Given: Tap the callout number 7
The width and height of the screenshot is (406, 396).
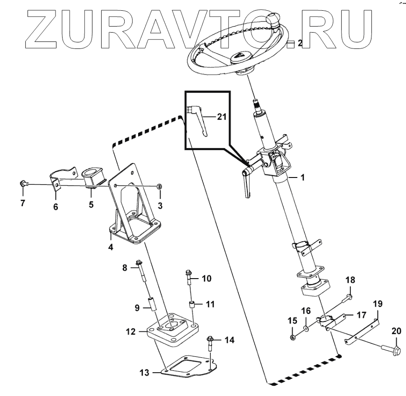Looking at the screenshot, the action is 22,203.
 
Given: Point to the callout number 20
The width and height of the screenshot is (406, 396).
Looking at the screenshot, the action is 396,332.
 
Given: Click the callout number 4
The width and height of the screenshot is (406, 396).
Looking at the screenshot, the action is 111,247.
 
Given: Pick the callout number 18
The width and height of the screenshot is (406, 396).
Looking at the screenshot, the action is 350,280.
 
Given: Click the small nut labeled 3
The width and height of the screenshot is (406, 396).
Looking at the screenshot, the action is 160,186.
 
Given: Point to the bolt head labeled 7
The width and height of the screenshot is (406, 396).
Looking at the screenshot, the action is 23,184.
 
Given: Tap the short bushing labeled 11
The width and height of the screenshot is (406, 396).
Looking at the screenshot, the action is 191,306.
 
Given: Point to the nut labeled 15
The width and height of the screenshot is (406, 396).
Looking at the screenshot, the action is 292,337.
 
